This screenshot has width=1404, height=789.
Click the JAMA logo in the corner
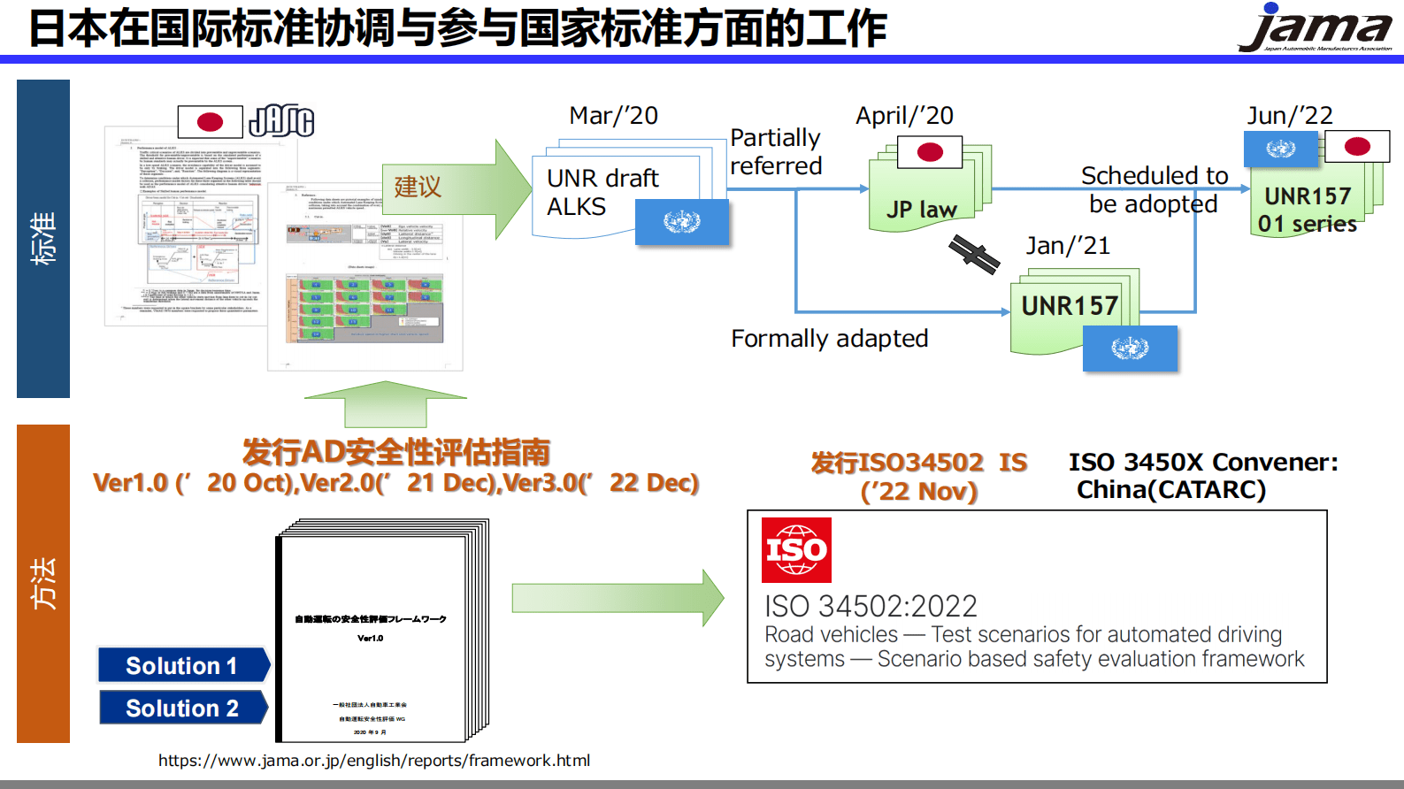(x=1316, y=28)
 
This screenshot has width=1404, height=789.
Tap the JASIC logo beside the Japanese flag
(x=281, y=121)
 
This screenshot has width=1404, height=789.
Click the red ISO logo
(x=796, y=550)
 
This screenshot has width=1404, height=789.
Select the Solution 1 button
(x=182, y=665)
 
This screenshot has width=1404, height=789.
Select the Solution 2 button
(x=182, y=708)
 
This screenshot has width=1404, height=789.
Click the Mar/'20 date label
(x=613, y=116)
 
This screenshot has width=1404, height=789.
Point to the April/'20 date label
(x=904, y=116)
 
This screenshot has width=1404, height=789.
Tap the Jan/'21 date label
(x=1067, y=246)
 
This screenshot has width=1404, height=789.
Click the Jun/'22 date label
(x=1289, y=116)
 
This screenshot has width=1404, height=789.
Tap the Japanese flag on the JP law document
(x=930, y=152)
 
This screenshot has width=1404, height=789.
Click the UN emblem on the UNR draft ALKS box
(x=682, y=221)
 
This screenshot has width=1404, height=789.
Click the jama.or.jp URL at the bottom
(x=374, y=760)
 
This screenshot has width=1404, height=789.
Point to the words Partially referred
(x=776, y=151)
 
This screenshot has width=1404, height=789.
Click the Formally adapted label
(x=829, y=339)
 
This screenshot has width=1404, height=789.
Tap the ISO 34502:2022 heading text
(x=871, y=606)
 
